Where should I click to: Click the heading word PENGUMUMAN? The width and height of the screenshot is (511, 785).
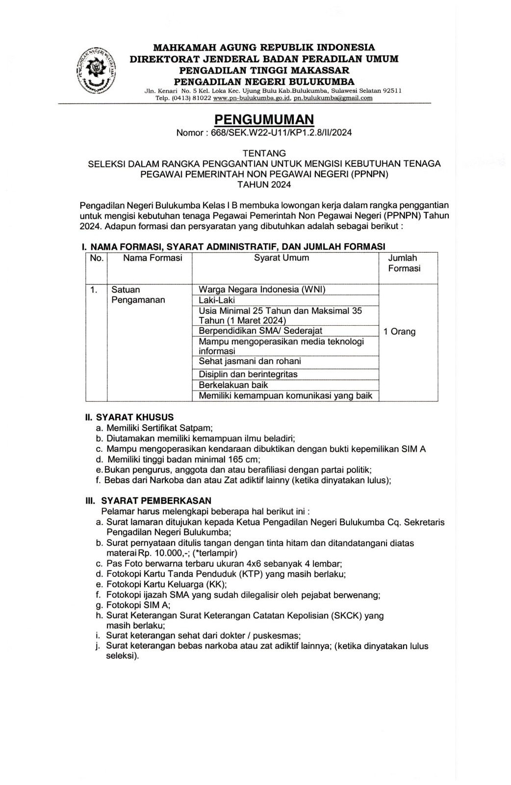click(x=264, y=119)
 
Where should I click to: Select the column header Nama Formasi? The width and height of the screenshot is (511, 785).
click(x=153, y=258)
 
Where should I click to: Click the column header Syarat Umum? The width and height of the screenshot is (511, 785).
click(x=281, y=258)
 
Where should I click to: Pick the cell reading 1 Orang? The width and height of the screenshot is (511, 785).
click(x=400, y=332)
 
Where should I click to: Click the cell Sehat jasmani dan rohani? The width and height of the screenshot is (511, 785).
click(x=250, y=362)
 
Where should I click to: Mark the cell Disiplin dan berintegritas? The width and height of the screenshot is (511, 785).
click(x=248, y=374)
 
